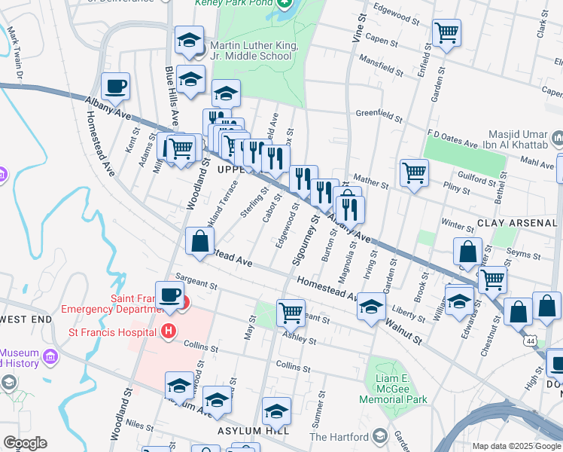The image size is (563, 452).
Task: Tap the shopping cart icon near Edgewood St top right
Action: (x=446, y=32)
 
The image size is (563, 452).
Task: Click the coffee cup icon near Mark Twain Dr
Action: (x=115, y=86)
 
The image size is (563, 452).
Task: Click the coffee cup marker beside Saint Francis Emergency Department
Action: (x=169, y=295)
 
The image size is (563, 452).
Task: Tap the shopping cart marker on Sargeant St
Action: (x=290, y=310)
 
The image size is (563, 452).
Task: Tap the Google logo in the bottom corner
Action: (x=25, y=443)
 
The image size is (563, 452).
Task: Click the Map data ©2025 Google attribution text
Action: (x=516, y=446)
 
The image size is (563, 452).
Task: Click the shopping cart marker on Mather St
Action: (x=414, y=173)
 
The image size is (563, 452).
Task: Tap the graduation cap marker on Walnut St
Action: (x=370, y=306)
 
